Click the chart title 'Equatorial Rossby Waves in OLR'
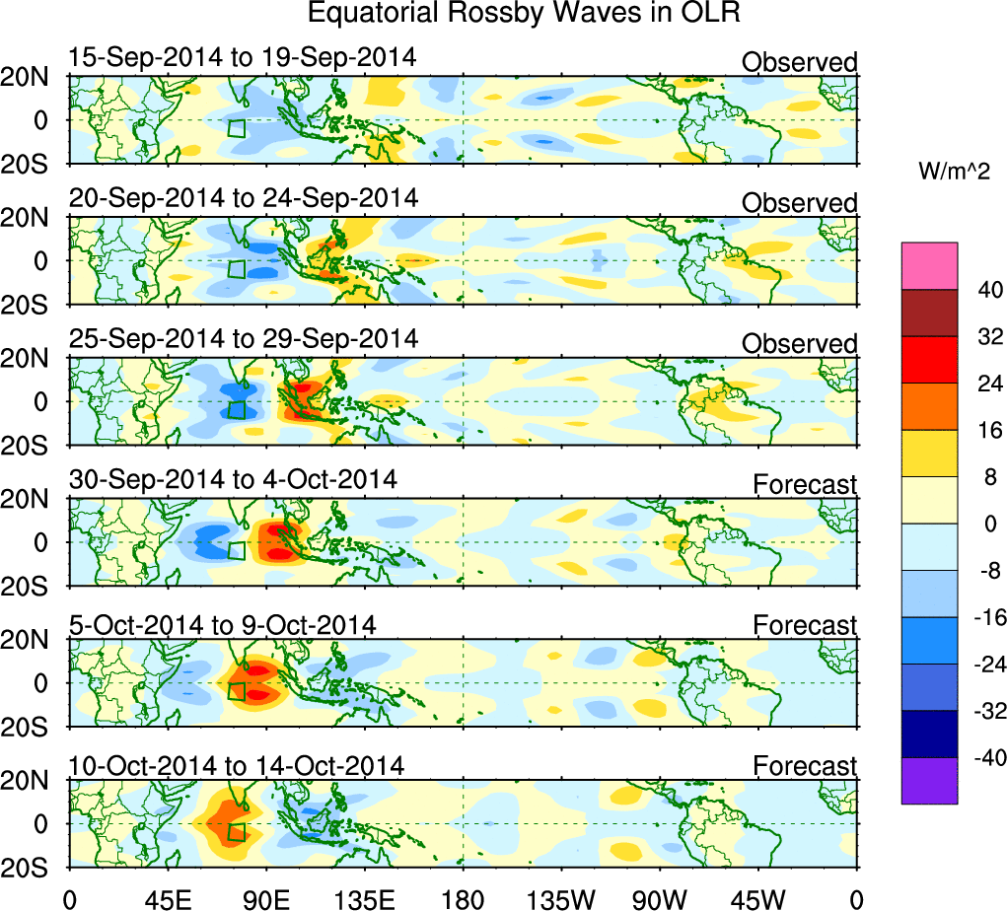coord(523,14)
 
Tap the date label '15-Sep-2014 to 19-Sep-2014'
coord(243,57)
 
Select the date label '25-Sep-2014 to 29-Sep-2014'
coord(244,338)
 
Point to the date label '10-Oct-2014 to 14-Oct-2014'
coord(237,765)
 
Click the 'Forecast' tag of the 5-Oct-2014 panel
coord(805,626)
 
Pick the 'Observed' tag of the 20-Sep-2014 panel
coord(799,203)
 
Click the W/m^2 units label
coord(954,173)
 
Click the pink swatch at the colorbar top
coord(929,266)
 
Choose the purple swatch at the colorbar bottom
coord(929,781)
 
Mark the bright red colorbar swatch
coord(929,360)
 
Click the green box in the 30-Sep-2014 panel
coord(236,550)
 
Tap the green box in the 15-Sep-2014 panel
coord(236,128)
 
